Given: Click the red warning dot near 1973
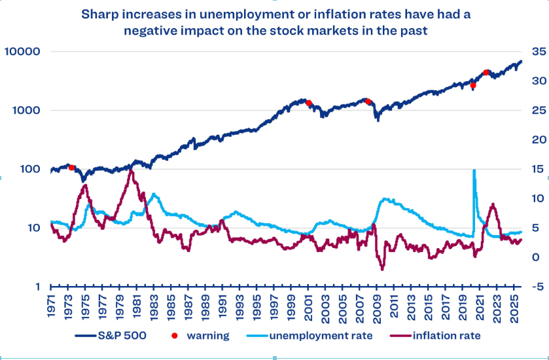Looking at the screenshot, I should click(x=72, y=168).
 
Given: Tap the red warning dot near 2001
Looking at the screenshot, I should click(x=308, y=103).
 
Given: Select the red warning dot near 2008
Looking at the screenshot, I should click(x=368, y=101).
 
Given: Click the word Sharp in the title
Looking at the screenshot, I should click(x=99, y=14).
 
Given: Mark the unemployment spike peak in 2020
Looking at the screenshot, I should click(x=474, y=170).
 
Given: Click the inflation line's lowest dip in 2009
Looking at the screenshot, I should click(x=382, y=269).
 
